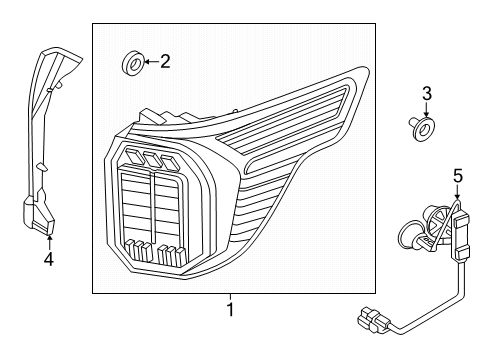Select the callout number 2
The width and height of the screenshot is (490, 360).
coord(165,62)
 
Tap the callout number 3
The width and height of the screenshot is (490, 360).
coord(426,96)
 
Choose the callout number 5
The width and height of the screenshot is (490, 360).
coord(457,176)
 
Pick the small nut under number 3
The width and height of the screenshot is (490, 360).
coord(424,127)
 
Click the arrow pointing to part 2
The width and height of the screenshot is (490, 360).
coord(148,63)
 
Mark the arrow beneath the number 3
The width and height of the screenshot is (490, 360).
coord(426,113)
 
